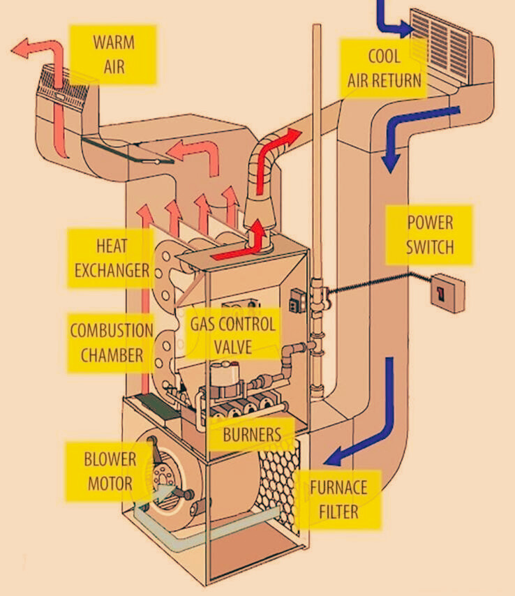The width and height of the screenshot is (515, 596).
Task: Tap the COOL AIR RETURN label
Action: (x=383, y=68)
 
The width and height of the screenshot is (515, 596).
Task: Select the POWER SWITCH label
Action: (x=430, y=234)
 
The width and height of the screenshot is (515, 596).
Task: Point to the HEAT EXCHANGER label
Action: (x=110, y=257)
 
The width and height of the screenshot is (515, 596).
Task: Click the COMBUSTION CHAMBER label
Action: (x=112, y=342)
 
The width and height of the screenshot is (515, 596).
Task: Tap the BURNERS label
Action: (x=252, y=433)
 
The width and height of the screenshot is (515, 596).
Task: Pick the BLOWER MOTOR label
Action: (x=110, y=471)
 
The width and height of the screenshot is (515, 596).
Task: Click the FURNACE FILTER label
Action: (x=338, y=498)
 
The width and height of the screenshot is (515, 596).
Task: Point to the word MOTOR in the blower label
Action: (x=110, y=483)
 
